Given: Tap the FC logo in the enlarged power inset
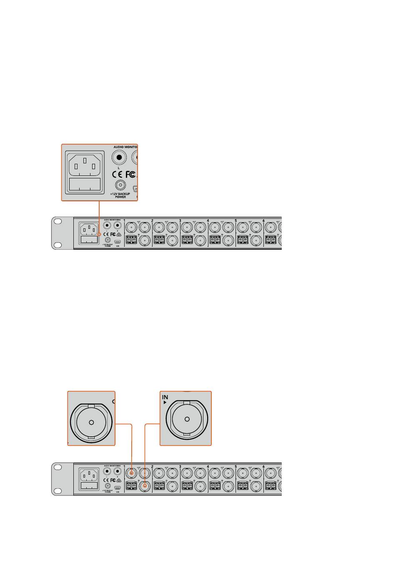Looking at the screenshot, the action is [x=130, y=174].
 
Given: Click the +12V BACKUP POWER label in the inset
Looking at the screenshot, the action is [x=120, y=195].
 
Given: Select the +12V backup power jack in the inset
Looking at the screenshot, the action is [x=120, y=185].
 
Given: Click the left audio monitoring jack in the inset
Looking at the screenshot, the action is [x=120, y=157].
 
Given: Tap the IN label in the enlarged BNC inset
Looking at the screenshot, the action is [x=165, y=397].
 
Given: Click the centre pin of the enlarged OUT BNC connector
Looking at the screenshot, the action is [x=91, y=422].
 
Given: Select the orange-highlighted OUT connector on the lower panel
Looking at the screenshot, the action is [x=132, y=473].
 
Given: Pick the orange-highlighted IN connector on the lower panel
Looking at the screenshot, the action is [x=145, y=485].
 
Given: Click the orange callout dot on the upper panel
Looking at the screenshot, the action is [x=99, y=235].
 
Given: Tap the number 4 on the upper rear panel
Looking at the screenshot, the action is [x=208, y=220].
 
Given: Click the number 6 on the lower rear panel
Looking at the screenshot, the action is [x=263, y=466].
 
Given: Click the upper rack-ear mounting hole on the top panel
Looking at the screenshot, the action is [x=58, y=222].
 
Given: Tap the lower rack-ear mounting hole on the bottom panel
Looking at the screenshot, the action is [x=58, y=490].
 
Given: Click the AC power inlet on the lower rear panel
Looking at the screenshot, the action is [x=89, y=475].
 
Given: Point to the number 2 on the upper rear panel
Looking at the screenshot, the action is [x=152, y=220].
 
